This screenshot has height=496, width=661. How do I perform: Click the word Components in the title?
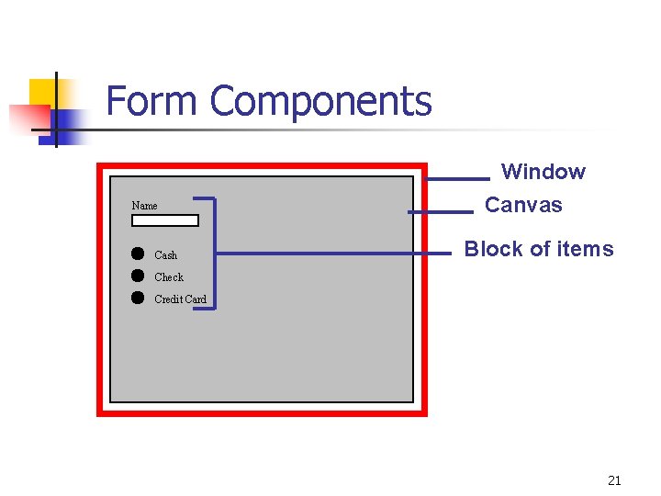(x=320, y=103)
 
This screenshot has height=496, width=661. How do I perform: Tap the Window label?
(x=543, y=172)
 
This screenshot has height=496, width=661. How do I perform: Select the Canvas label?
(x=523, y=205)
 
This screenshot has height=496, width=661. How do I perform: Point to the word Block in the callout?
(x=494, y=249)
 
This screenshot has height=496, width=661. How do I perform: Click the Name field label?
(x=144, y=206)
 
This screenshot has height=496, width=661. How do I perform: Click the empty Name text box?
(x=164, y=220)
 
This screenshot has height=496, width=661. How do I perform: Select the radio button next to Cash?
(x=138, y=254)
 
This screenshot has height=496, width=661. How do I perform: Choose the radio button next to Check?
(x=138, y=276)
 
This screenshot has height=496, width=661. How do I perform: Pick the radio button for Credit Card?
(x=138, y=298)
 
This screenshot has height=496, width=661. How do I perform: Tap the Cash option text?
(x=165, y=255)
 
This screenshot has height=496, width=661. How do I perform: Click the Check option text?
(x=169, y=277)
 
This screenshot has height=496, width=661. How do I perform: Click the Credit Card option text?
(x=180, y=299)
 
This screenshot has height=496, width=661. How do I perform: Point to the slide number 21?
(x=614, y=480)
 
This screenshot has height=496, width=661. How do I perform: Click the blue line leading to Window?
(x=458, y=178)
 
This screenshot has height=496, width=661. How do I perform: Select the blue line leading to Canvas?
(x=440, y=212)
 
